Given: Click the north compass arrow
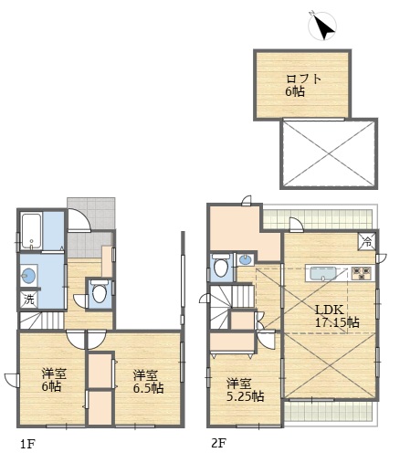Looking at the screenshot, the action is [x=324, y=27].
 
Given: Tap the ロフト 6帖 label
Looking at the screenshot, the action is [x=303, y=85].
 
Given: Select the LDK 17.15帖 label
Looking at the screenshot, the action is [x=337, y=316].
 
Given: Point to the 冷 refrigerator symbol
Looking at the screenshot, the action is [x=367, y=242].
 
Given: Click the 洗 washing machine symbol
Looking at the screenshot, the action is [x=29, y=300].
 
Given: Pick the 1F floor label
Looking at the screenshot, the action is [x=27, y=445].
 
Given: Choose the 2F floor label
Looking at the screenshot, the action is [x=218, y=443].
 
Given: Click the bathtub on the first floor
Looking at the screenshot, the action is [x=32, y=232].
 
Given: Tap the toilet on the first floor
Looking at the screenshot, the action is [x=100, y=293].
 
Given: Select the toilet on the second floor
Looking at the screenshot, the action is [x=222, y=266].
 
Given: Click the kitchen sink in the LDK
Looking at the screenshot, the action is [x=322, y=274].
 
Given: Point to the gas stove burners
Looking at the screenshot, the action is [x=362, y=273].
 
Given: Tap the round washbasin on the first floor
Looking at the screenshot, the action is [x=28, y=276].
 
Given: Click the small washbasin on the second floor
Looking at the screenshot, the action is [x=246, y=259].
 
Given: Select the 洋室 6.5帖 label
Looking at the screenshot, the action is [x=148, y=382].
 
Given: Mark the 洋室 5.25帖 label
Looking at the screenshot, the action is [x=245, y=390].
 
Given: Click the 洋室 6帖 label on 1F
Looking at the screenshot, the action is [x=54, y=380].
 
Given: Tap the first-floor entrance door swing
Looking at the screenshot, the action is [x=79, y=220].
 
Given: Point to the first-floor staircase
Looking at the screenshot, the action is [x=42, y=321].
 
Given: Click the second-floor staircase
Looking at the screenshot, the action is [x=232, y=307].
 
